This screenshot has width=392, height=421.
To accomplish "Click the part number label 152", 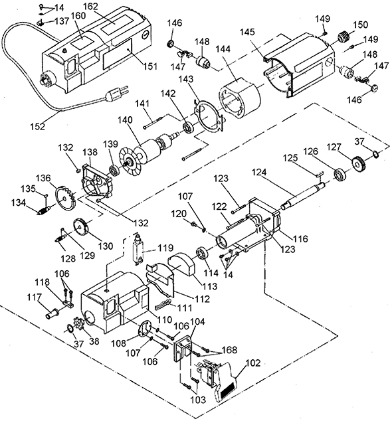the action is (38, 126).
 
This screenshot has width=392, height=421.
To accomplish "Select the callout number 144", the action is (223, 49).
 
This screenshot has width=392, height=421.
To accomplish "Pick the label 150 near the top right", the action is (360, 25).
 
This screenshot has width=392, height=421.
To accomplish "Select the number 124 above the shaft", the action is (259, 172).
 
